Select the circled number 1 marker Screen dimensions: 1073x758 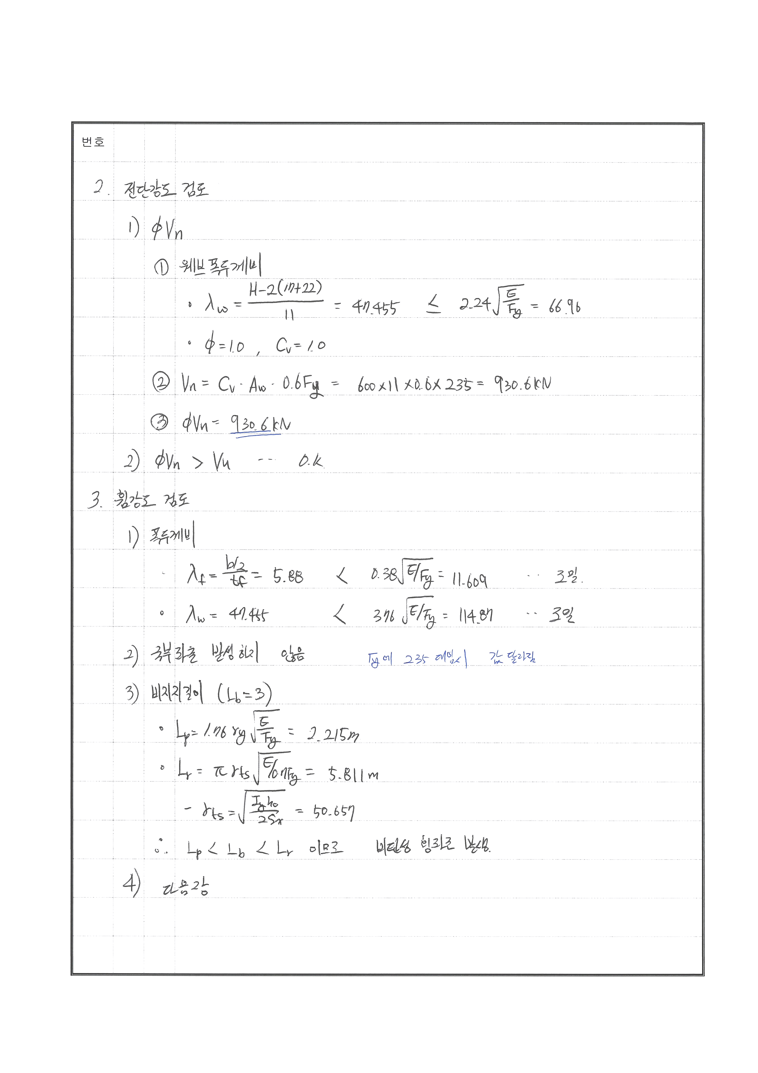tap(162, 268)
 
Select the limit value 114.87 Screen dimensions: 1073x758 tap(475, 616)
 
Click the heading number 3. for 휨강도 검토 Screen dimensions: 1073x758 tap(95, 500)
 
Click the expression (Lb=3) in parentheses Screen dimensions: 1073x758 tap(244, 694)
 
